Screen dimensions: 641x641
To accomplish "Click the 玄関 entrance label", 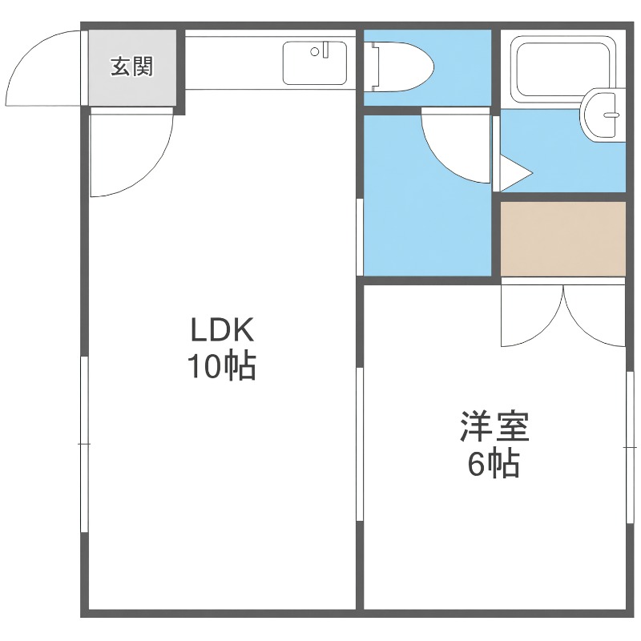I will click(x=131, y=67).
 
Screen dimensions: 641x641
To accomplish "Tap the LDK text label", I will click(x=221, y=329).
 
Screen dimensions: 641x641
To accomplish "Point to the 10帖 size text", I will click(x=221, y=367).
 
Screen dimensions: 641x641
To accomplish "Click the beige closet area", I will click(x=562, y=237).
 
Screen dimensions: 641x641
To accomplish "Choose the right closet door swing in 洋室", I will click(x=595, y=316).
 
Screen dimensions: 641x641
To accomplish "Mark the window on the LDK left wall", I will click(x=83, y=443).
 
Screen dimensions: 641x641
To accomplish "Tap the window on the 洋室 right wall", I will click(x=627, y=443).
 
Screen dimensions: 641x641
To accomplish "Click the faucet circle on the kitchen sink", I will click(x=315, y=52).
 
